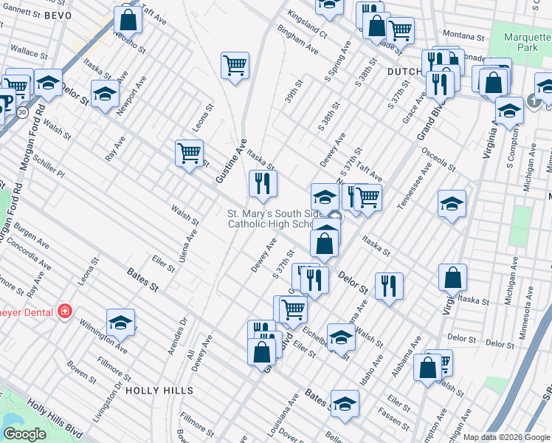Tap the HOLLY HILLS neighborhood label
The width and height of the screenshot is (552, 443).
tap(159, 390)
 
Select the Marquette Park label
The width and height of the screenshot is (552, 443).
tap(528, 44)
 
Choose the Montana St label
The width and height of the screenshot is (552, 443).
tap(463, 35)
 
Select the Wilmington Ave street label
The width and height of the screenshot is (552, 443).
tap(104, 340)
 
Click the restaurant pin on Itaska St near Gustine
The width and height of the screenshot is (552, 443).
tap(262, 182)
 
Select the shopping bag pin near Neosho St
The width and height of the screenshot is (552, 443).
tap(128, 19)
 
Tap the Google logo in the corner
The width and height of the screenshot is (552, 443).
tap(25, 434)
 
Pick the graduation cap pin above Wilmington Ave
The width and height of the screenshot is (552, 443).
tap(120, 322)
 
